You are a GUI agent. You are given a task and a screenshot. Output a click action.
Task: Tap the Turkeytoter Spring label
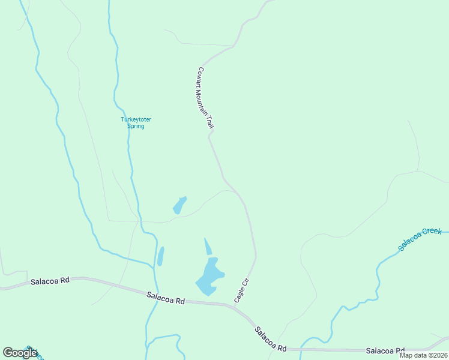pos(136,122)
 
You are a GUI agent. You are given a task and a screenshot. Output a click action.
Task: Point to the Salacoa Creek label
pos(420,239)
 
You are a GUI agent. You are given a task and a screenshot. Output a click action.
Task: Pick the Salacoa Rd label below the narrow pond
pos(166,296)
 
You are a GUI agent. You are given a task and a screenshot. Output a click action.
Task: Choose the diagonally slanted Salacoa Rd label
pos(270,338)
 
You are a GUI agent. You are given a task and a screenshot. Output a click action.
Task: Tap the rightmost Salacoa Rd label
pos(385,350)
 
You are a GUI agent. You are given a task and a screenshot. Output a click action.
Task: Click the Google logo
pos(20,353)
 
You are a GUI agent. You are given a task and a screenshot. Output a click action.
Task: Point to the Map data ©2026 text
pos(423,355)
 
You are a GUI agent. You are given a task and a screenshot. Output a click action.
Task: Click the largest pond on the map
pos(209,277)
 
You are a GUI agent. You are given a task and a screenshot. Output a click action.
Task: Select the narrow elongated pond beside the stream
pos(160,256)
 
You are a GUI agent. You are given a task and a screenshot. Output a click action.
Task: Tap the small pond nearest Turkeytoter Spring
pos(179,205)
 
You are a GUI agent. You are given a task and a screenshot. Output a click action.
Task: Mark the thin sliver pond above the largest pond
pos(208,247)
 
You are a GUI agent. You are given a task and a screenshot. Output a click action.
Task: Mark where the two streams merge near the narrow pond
pos(153,264)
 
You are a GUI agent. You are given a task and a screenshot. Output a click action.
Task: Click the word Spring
pos(136,126)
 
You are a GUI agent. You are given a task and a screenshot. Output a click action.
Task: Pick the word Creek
pos(432,233)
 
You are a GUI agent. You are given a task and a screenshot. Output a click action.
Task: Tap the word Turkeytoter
pos(136,119)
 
